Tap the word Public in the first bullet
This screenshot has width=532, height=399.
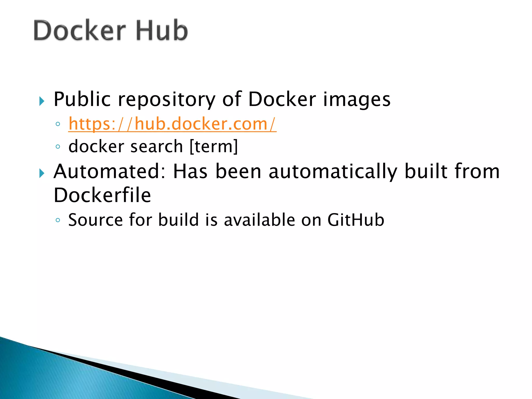click(82, 99)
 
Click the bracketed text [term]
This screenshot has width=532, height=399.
click(214, 147)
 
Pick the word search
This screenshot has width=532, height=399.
click(157, 147)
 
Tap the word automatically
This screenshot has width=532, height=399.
click(333, 172)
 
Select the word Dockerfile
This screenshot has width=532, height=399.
click(102, 195)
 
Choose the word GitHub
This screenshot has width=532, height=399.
click(356, 220)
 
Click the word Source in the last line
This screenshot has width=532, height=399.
click(95, 220)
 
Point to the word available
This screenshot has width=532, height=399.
click(259, 220)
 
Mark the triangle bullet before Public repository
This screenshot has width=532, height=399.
click(42, 101)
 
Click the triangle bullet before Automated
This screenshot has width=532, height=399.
click(42, 173)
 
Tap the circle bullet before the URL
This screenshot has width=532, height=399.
click(58, 124)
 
